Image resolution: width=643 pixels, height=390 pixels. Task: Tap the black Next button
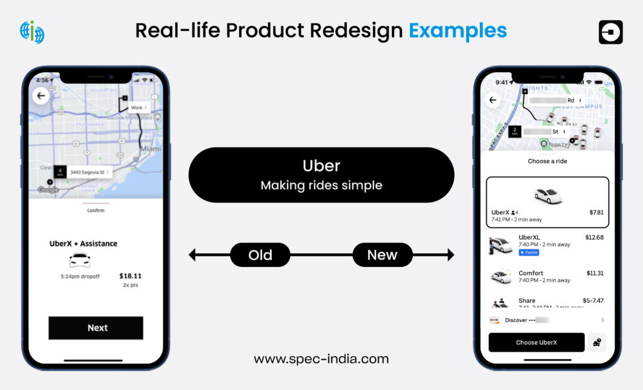(96, 328)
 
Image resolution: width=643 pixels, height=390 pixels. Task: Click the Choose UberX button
(536, 342)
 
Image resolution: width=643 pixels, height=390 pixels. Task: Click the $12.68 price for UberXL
(593, 237)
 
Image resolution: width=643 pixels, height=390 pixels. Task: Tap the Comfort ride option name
(531, 273)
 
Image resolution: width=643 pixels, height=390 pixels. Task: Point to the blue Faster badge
(529, 252)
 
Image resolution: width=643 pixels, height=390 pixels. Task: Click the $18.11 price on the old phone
(130, 276)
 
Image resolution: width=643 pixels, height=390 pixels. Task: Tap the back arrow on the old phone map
(41, 96)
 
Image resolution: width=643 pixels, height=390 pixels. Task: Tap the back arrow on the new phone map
(492, 100)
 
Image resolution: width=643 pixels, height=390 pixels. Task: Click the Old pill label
(260, 255)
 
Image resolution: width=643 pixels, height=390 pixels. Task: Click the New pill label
(382, 255)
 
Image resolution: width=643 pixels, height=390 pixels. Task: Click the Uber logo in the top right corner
(610, 32)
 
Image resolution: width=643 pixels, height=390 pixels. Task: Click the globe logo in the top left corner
(32, 32)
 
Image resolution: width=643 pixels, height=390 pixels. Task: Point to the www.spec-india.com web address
(321, 359)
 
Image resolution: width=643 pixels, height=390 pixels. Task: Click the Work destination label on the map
(139, 108)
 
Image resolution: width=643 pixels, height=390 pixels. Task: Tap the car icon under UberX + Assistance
(80, 260)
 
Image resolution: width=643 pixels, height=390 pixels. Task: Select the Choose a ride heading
(547, 161)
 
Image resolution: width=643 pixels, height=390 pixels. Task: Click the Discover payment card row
(546, 320)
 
